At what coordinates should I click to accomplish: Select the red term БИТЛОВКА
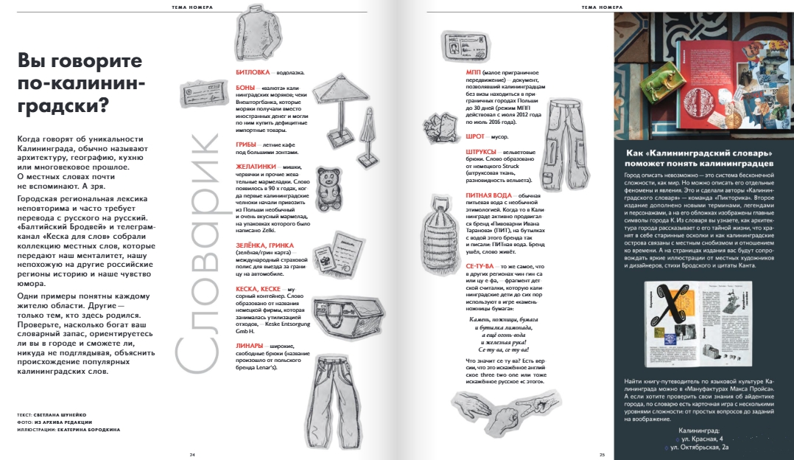(251, 73)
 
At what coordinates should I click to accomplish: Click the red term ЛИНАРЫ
(251, 346)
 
